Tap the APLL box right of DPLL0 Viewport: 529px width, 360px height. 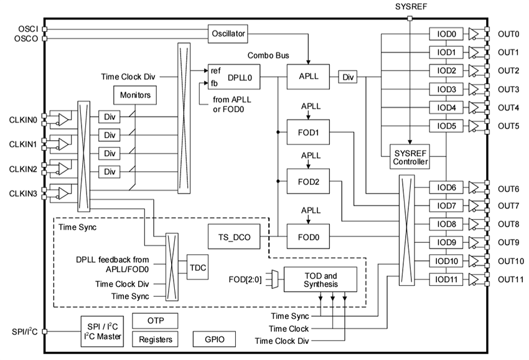307,78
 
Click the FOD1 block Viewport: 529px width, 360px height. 307,133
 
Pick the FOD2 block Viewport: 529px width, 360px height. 307,181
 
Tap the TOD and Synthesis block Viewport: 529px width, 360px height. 321,280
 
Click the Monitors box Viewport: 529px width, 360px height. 134,95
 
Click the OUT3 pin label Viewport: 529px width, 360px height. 508,89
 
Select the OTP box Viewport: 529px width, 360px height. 155,321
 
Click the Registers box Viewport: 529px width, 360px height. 155,340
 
